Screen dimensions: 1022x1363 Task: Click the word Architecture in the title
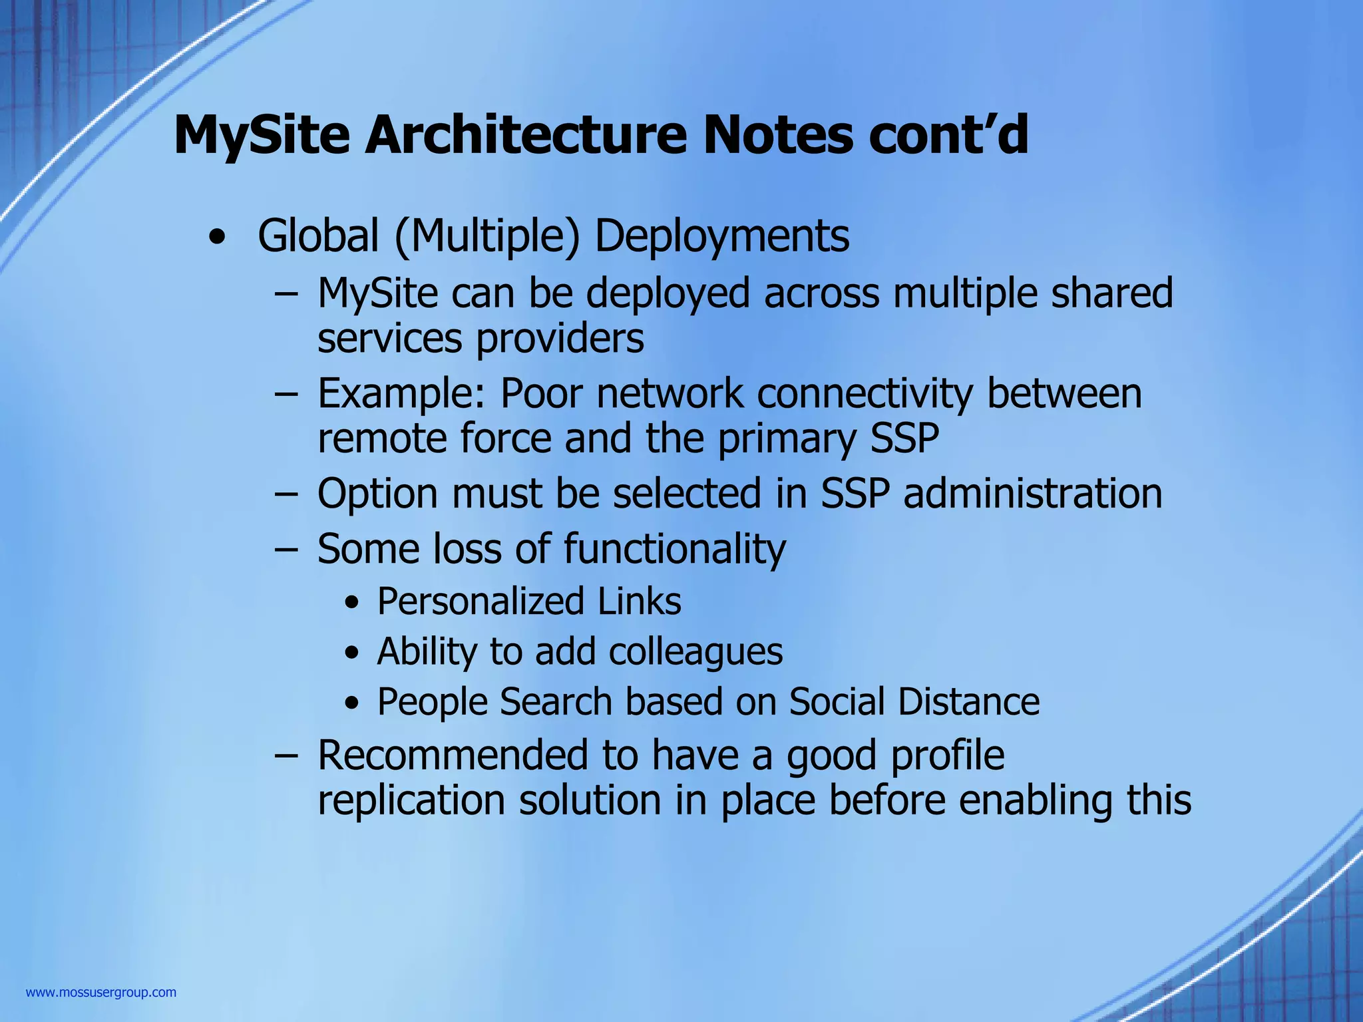pyautogui.click(x=526, y=135)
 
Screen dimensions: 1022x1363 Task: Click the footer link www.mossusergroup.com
pyautogui.click(x=101, y=993)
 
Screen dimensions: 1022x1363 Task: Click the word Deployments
pyautogui.click(x=721, y=238)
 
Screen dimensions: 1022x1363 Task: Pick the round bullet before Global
pyautogui.click(x=216, y=238)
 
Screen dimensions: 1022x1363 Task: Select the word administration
pyautogui.click(x=1033, y=494)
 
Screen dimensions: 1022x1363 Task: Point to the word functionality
pyautogui.click(x=675, y=550)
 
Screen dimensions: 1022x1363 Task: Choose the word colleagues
pyautogui.click(x=695, y=652)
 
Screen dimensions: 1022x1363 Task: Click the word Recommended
pyautogui.click(x=453, y=755)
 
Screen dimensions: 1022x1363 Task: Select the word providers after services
pyautogui.click(x=560, y=339)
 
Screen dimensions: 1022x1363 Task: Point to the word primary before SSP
pyautogui.click(x=786, y=440)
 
